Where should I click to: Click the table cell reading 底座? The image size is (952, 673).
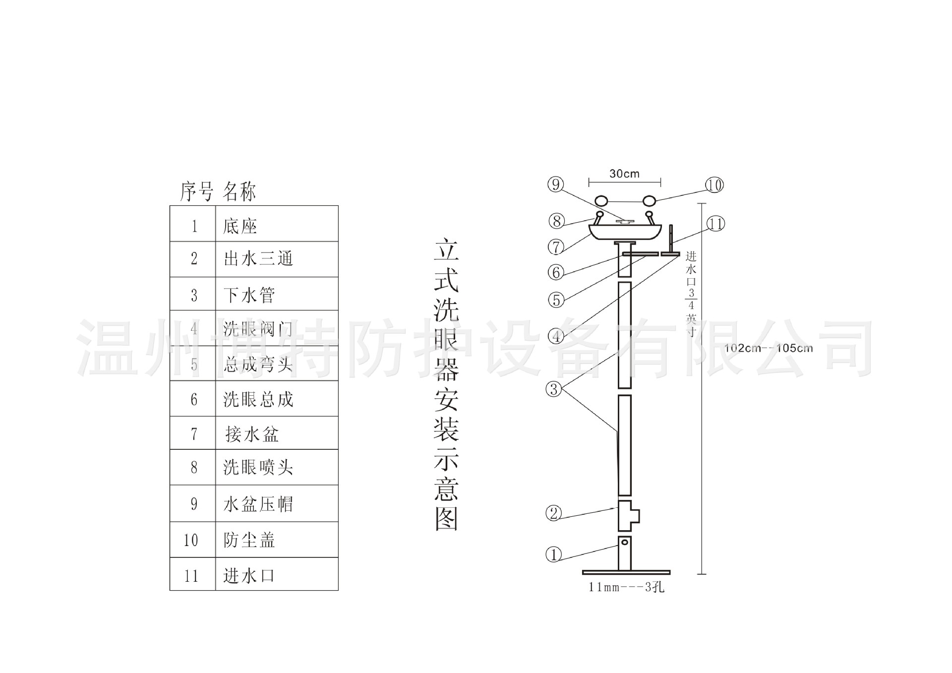[x=240, y=226]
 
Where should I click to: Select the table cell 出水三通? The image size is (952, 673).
[x=258, y=258]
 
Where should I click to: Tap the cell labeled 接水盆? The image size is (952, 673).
[x=252, y=434]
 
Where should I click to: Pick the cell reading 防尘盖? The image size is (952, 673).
[x=249, y=540]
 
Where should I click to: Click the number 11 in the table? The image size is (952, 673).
[x=191, y=576]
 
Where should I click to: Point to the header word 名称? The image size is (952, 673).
[x=239, y=192]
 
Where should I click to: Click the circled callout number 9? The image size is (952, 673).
[x=556, y=184]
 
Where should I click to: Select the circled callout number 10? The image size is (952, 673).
[x=714, y=185]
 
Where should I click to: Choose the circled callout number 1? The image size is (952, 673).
[x=554, y=554]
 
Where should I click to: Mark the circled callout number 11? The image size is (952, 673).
[x=715, y=224]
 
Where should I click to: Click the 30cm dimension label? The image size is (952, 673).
[x=624, y=174]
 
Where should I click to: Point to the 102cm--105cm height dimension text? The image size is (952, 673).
[x=769, y=348]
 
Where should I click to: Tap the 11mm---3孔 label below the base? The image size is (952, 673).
[x=626, y=587]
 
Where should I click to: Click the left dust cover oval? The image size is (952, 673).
[x=601, y=201]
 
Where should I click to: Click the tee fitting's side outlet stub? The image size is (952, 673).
[x=635, y=516]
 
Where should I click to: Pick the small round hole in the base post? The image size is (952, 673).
[x=625, y=543]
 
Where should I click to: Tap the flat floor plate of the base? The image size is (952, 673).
[x=626, y=572]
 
